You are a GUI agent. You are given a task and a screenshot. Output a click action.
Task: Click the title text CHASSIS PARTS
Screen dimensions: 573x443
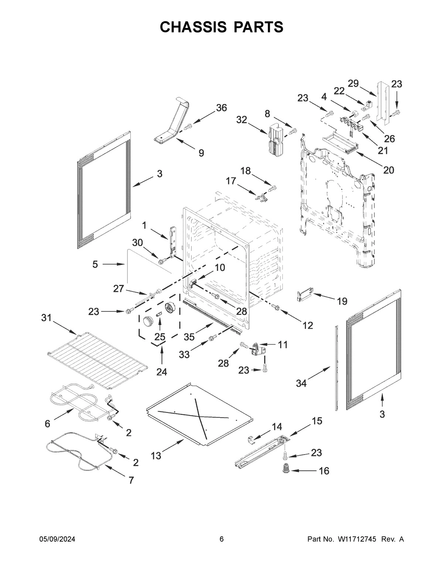[221, 27]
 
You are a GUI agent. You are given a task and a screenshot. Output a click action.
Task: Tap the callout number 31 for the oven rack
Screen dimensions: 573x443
[47, 318]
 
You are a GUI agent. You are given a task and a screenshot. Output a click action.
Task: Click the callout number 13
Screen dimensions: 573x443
[156, 456]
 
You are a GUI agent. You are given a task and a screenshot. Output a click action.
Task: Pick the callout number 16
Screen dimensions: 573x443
[324, 471]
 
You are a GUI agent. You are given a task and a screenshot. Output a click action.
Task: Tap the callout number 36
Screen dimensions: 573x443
[221, 107]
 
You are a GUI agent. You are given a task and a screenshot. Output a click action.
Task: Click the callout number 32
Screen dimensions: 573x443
[242, 120]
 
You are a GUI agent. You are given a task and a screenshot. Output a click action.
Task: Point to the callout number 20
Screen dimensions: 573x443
[388, 170]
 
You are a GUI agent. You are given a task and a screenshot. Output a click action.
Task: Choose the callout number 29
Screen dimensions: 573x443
[353, 83]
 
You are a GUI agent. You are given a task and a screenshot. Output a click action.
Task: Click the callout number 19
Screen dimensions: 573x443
[342, 301]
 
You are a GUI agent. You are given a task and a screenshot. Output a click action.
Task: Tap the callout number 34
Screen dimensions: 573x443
[301, 383]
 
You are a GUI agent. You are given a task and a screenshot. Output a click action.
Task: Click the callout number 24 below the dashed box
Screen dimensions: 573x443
[161, 372]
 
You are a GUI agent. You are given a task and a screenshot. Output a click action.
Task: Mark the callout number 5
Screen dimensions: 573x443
[95, 264]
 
